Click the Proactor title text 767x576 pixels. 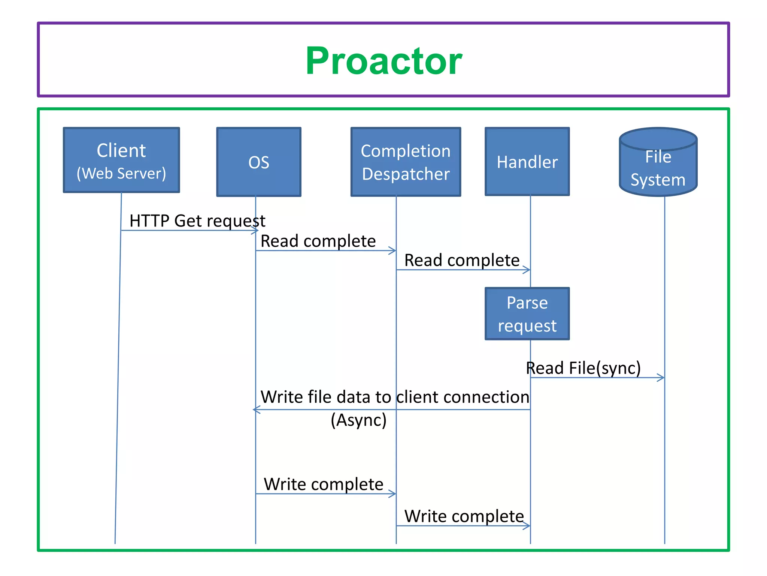[383, 61]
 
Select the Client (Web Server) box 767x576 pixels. [121, 160]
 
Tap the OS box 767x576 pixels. [258, 162]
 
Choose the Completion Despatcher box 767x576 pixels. [406, 162]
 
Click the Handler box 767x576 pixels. [527, 162]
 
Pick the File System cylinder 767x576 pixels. [658, 162]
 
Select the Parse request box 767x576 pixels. [527, 314]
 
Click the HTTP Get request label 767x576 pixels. [197, 220]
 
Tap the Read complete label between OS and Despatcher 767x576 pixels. [318, 241]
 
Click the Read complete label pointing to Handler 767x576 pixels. [462, 260]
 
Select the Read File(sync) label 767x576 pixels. [583, 368]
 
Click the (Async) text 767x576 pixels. [358, 420]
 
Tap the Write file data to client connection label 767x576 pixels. [395, 397]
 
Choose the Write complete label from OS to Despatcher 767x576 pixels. [324, 484]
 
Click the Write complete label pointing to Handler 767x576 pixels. [464, 516]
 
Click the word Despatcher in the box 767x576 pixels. [406, 174]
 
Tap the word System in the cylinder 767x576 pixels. [658, 180]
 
